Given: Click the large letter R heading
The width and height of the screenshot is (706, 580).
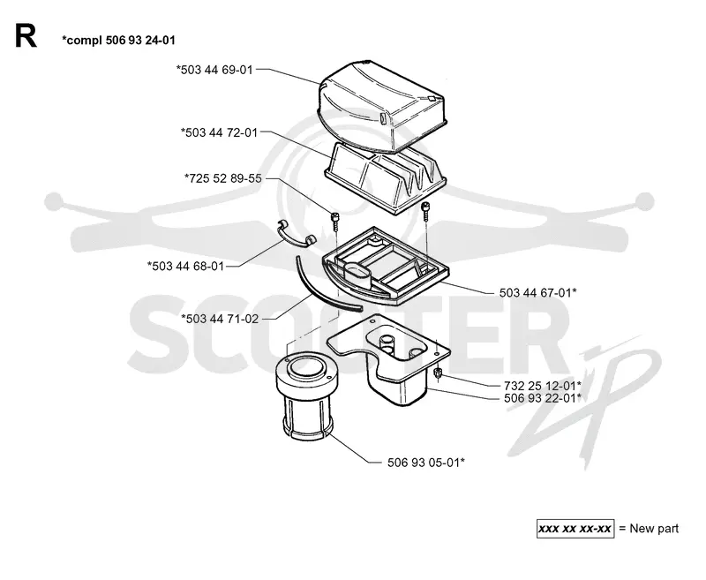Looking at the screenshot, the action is [x=26, y=36].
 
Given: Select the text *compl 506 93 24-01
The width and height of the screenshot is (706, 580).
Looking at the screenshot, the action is [x=118, y=41].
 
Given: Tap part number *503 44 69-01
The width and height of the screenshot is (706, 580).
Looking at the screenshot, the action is [x=214, y=70].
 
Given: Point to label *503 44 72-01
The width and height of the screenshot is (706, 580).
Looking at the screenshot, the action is [x=219, y=132].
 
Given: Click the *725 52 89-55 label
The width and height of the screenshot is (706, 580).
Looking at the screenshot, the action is [x=223, y=178].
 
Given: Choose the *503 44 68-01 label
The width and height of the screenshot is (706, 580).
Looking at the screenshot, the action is [x=185, y=266].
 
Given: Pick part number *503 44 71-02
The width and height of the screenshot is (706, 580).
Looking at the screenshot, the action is [x=220, y=319].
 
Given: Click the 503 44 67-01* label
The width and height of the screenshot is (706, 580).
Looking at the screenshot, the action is [x=537, y=293].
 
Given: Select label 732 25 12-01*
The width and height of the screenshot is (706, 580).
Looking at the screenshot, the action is [x=542, y=386].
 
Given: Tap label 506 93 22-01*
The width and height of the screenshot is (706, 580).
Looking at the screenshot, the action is [x=542, y=398].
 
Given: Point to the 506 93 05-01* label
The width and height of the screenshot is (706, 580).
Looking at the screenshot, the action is [x=426, y=463].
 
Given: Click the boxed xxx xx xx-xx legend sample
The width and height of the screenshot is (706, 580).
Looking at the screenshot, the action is [x=575, y=528].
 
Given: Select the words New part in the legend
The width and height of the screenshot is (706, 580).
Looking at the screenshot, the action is [x=654, y=528].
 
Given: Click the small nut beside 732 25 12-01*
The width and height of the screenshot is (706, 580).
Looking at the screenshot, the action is [x=437, y=373].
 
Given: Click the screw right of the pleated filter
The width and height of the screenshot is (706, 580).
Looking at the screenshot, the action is [x=425, y=210].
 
